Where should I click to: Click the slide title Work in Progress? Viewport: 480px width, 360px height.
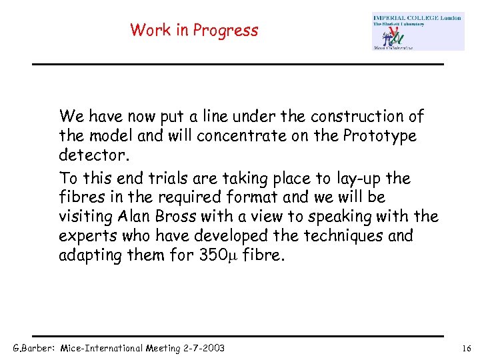[x=194, y=30]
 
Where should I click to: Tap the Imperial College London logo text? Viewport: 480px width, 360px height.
[x=417, y=18]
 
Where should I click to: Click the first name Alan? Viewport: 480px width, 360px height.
[x=134, y=217]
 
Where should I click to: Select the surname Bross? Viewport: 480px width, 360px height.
[x=179, y=217]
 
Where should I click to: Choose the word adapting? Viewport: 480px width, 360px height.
[x=89, y=255]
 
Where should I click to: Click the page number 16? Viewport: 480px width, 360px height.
[x=466, y=349]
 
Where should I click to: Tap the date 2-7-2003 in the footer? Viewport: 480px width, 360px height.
[x=201, y=349]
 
